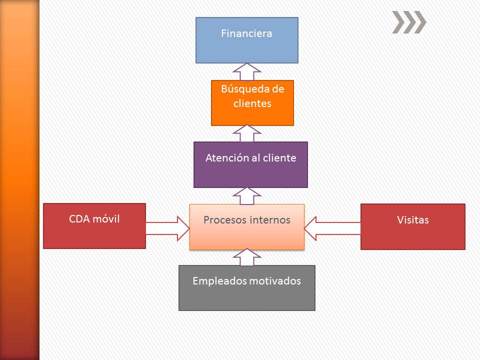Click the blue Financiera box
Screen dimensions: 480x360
coord(246,40)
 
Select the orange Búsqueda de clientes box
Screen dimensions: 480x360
coord(252,103)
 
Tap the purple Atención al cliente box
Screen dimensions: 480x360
coord(250,164)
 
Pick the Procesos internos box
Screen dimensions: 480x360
coord(246,227)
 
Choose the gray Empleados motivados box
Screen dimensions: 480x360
coord(246,288)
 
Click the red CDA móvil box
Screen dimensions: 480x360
coord(94,226)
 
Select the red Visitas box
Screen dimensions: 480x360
coord(412,226)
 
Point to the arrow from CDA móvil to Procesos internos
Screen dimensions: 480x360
coord(167,228)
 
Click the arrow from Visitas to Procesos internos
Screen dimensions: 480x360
coord(332,228)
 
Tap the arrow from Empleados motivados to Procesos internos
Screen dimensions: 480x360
coord(246,257)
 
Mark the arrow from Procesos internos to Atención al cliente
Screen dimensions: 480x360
coord(246,196)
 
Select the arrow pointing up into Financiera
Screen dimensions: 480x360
coord(246,72)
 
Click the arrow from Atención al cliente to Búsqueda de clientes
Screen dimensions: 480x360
coord(246,133)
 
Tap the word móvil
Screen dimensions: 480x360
coord(106,219)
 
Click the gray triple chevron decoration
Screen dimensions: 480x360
coord(409,22)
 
